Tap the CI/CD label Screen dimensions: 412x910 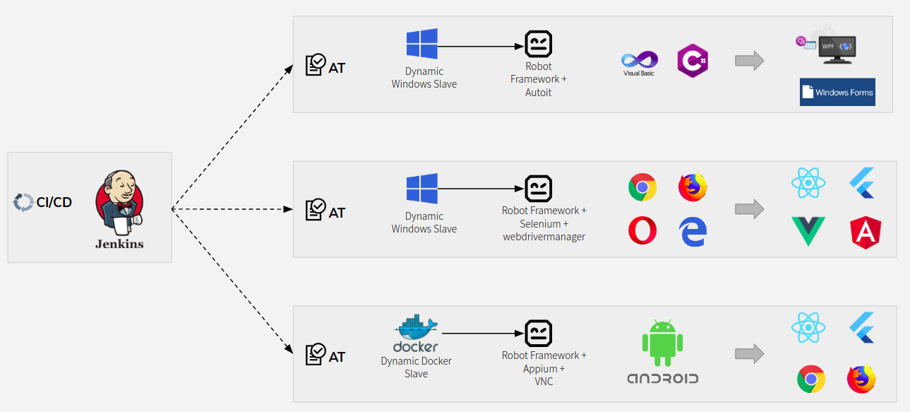click(54, 202)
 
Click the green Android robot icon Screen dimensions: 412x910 click(663, 341)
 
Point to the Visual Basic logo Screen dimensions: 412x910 click(639, 63)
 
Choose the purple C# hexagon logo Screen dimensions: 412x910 click(692, 61)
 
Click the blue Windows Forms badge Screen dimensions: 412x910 click(837, 92)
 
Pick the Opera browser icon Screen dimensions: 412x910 click(642, 231)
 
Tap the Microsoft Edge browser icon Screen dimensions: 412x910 click(693, 231)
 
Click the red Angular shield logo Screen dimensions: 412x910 click(865, 233)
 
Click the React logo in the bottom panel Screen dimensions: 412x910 click(808, 327)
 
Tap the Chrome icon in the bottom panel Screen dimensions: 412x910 click(811, 379)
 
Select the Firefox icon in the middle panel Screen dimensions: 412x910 click(693, 187)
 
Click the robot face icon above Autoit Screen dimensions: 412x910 click(538, 45)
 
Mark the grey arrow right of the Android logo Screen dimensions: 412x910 click(749, 354)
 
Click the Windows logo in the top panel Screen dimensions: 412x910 click(422, 44)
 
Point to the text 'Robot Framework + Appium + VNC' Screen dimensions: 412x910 click(544, 368)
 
